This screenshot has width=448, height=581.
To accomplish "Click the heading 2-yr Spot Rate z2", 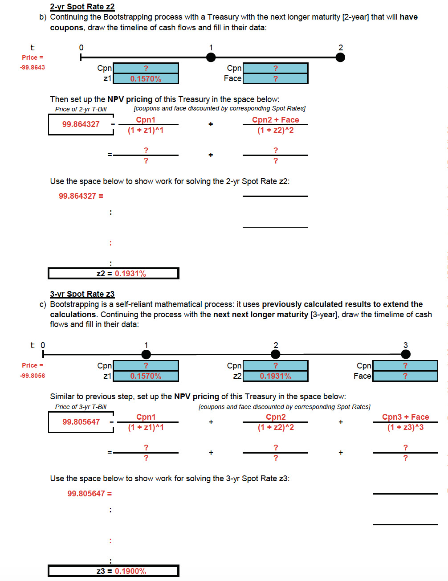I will tap(82, 7).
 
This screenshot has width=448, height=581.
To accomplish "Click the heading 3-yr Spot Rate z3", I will tap(82, 294).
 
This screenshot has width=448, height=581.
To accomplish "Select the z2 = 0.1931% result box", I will tap(114, 274).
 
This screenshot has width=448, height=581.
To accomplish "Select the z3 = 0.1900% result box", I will tap(114, 571).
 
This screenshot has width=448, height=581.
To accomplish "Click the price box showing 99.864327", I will tap(81, 124).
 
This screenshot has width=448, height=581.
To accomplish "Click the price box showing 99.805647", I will tap(81, 422).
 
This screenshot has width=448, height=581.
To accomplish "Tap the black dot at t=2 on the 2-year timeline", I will tap(340, 57).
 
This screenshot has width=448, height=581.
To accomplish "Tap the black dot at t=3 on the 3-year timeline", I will tap(405, 354).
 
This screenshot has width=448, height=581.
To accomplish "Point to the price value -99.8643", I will tap(33, 68).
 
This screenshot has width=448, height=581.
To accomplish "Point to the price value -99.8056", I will tap(33, 376).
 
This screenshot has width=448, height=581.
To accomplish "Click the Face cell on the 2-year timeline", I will tap(275, 79).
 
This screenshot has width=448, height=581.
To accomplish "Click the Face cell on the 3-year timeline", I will tap(405, 376).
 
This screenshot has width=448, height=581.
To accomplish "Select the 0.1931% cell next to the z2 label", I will tap(275, 376).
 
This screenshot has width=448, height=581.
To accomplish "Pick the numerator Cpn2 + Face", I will tap(275, 120).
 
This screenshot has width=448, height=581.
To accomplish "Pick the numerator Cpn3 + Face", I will tap(405, 417).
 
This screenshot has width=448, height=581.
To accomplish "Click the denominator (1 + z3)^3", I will tap(405, 427).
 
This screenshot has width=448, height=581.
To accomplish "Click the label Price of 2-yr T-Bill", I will tap(81, 109).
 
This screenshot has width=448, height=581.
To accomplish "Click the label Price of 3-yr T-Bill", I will tap(81, 407).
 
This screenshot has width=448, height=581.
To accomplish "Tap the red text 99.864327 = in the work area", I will tap(81, 196).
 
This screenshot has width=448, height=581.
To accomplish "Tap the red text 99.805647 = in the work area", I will tap(90, 494).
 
